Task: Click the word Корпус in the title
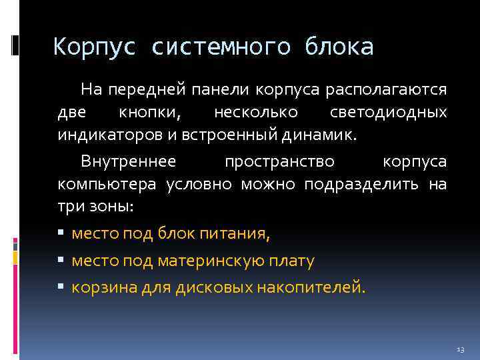click(95, 47)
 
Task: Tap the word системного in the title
click(221, 47)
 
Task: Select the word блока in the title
click(339, 47)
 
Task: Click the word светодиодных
click(389, 113)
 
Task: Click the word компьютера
click(107, 184)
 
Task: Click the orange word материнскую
click(207, 261)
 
